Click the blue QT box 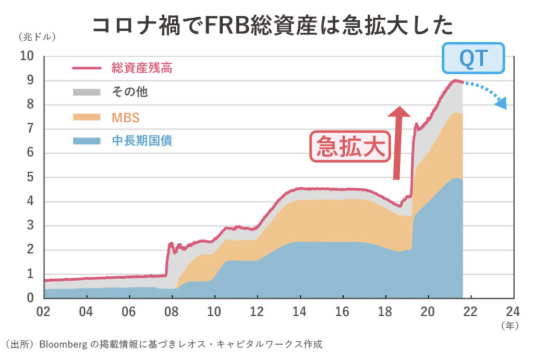(474, 58)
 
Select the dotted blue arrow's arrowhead (501, 103)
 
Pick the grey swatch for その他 (86, 92)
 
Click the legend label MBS (126, 117)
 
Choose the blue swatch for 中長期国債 (86, 141)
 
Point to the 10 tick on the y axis (28, 56)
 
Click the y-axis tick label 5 (31, 177)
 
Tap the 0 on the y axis (31, 298)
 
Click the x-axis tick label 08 (171, 312)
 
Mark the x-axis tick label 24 (513, 312)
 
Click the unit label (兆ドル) (37, 37)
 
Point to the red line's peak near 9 (456, 80)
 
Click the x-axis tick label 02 (43, 312)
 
